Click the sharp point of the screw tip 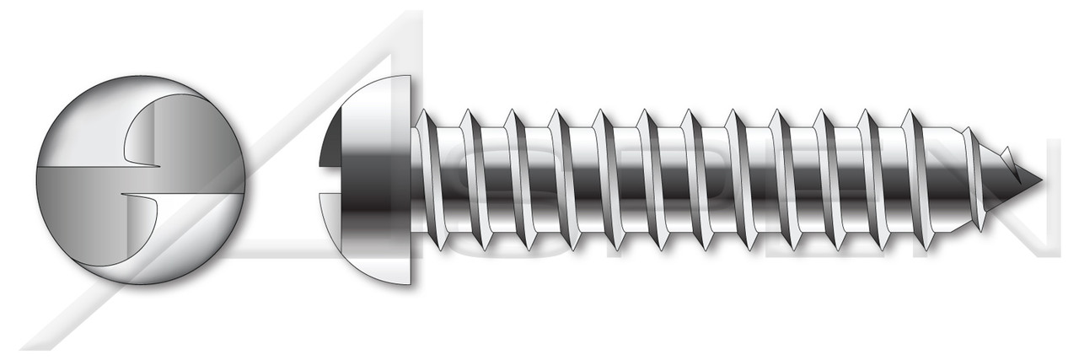point(1041,180)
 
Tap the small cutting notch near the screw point point(1007,155)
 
